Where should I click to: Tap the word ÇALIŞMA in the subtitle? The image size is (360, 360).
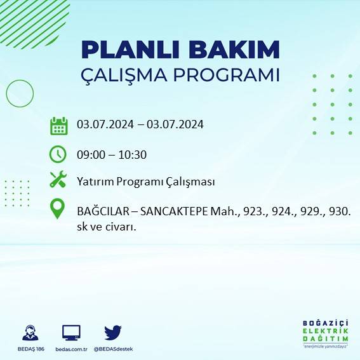point(124,75)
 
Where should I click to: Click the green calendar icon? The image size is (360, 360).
point(58,126)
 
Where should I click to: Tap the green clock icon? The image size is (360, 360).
point(58,154)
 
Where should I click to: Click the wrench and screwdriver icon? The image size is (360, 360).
point(58,180)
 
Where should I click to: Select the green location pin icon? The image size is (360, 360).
point(58,210)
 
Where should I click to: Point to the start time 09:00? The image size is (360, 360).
point(90,154)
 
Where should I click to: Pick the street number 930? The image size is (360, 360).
point(340,211)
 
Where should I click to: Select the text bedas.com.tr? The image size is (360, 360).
point(70,349)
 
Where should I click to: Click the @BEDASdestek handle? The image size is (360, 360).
point(114,349)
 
